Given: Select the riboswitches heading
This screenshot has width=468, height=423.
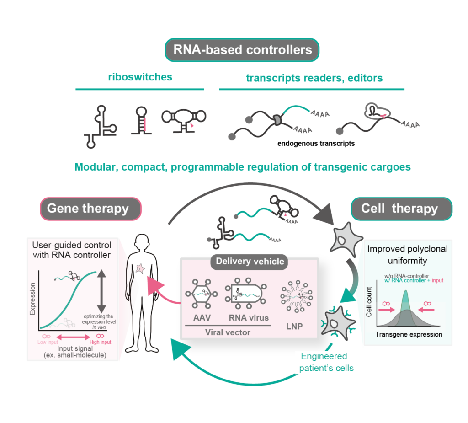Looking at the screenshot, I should click(x=140, y=76).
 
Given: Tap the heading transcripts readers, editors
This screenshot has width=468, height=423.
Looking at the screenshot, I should click(x=314, y=78).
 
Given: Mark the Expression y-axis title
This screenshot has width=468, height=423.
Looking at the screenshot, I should click(x=32, y=300).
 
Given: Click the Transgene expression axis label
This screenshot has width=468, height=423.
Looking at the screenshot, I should click(x=409, y=334).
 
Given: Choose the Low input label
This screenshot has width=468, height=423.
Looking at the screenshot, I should click(x=46, y=342).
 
